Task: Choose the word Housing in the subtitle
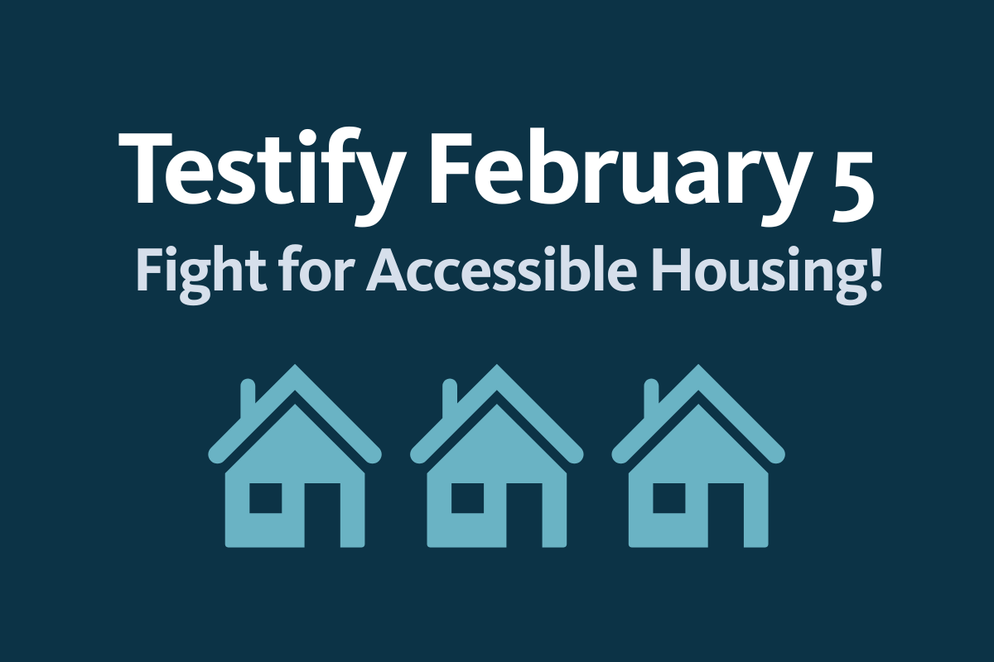point(759,269)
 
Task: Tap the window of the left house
point(265,497)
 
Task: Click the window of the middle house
point(466,497)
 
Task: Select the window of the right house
point(668,497)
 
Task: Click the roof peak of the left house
point(294,372)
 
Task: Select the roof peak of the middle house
point(496,372)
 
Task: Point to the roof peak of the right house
point(697,372)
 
